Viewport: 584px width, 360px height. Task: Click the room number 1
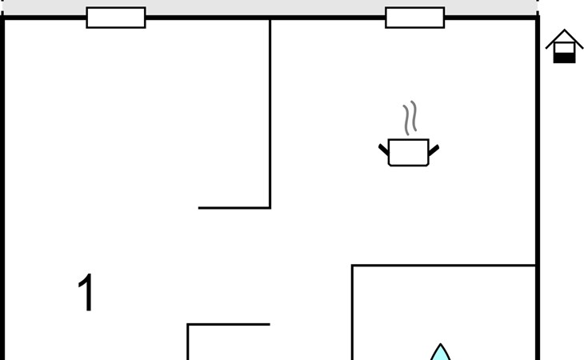click(x=86, y=293)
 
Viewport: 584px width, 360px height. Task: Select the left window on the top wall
click(x=116, y=18)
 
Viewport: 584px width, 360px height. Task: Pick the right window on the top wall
click(x=414, y=18)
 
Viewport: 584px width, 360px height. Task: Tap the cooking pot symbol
click(x=409, y=151)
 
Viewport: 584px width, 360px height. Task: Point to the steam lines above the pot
click(x=410, y=118)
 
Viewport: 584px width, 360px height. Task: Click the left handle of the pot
click(x=383, y=150)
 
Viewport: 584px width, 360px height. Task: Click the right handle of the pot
click(x=434, y=150)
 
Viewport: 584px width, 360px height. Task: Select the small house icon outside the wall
click(x=564, y=46)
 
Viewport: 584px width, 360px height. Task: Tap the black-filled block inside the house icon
click(x=564, y=57)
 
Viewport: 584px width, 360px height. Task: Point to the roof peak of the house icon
click(x=564, y=31)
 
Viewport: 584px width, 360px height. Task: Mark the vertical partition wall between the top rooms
click(x=270, y=112)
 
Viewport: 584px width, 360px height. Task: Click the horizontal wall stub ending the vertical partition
click(x=234, y=208)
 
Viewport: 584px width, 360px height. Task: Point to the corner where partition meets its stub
click(x=270, y=208)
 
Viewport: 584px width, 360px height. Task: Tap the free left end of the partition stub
click(x=200, y=208)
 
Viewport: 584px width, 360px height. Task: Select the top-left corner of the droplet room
click(x=353, y=266)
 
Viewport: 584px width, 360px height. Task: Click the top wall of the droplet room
click(x=444, y=266)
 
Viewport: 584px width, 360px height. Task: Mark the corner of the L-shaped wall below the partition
click(x=188, y=325)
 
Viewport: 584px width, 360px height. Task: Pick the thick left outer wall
click(x=3, y=192)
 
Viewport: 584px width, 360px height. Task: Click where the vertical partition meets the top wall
click(x=270, y=18)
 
